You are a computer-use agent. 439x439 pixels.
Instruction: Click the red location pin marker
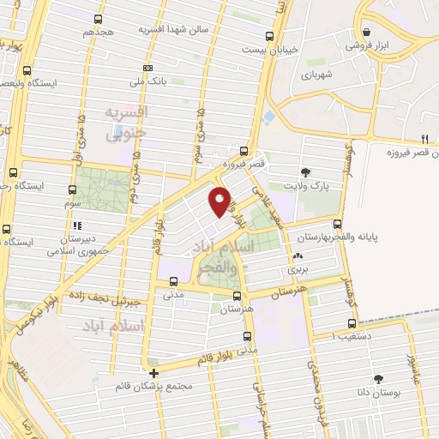coord(219,201)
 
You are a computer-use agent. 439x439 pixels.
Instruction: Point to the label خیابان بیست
coord(298,49)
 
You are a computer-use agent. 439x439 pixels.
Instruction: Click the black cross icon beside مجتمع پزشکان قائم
coord(153,374)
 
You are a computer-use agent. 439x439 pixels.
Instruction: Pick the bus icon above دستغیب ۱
coord(352,323)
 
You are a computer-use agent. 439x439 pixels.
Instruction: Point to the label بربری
coord(297,268)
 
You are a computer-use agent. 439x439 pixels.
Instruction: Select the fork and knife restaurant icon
coord(424,139)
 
